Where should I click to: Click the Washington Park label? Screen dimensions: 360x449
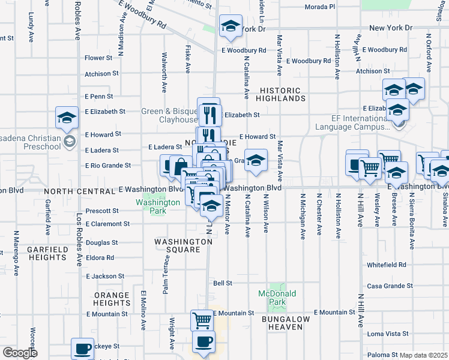pyautogui.click(x=158, y=207)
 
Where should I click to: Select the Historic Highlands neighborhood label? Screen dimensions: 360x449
pyautogui.click(x=283, y=94)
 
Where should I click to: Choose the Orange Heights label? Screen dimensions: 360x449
pyautogui.click(x=112, y=299)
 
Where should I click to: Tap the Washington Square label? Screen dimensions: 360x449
pyautogui.click(x=183, y=246)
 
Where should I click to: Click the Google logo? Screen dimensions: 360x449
pyautogui.click(x=20, y=352)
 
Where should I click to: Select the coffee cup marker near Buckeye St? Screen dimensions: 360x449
pyautogui.click(x=82, y=349)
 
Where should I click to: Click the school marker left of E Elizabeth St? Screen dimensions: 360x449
pyautogui.click(x=67, y=117)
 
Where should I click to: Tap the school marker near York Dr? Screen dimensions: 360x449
pyautogui.click(x=231, y=26)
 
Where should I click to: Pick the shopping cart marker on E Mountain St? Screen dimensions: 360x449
pyautogui.click(x=202, y=320)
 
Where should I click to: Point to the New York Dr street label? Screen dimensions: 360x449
pyautogui.click(x=391, y=28)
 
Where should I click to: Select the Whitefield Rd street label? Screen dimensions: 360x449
pyautogui.click(x=387, y=265)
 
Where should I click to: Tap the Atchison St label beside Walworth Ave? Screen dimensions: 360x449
pyautogui.click(x=101, y=74)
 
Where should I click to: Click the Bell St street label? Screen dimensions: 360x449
pyautogui.click(x=223, y=283)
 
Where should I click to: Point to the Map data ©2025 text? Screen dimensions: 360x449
pyautogui.click(x=424, y=355)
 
